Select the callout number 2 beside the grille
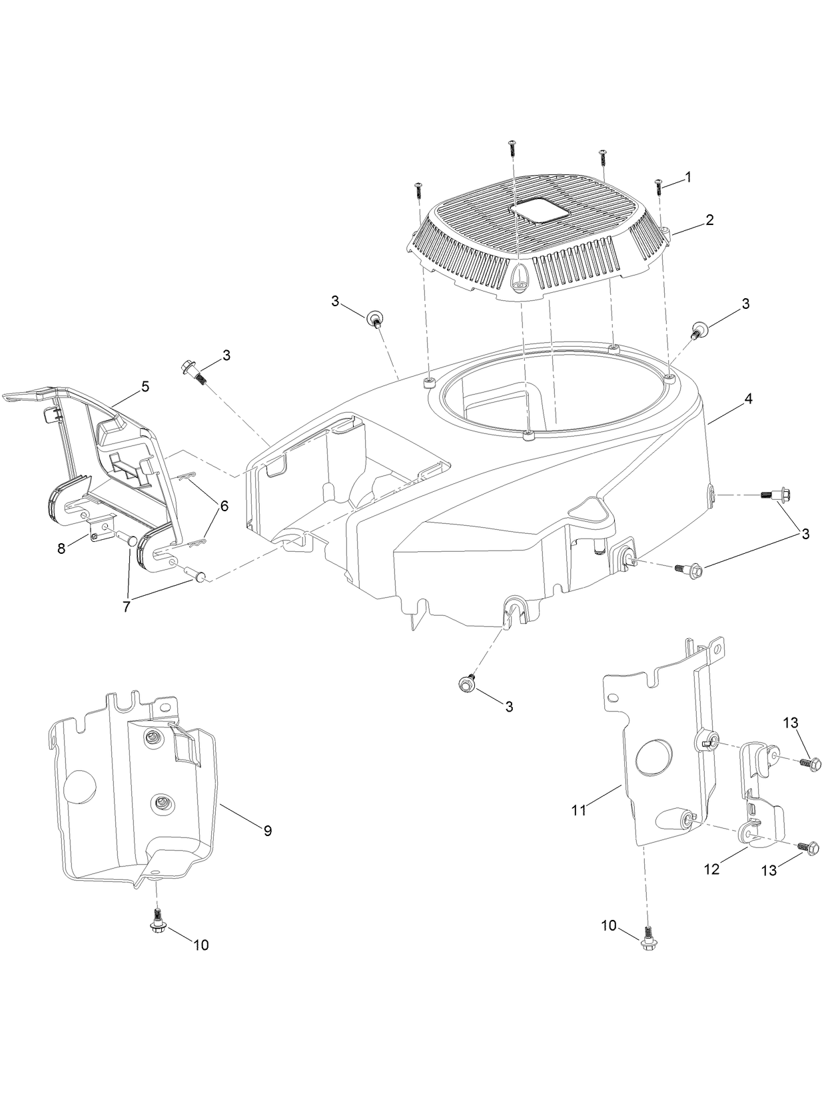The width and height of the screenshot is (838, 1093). click(710, 220)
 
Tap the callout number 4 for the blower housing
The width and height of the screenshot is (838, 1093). click(748, 399)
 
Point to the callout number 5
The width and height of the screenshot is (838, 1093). click(145, 386)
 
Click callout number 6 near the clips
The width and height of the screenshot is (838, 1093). click(224, 506)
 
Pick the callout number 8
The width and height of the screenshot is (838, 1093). click(62, 549)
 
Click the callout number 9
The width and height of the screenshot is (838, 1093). click(267, 830)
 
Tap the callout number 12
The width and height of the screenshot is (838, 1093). click(712, 869)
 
